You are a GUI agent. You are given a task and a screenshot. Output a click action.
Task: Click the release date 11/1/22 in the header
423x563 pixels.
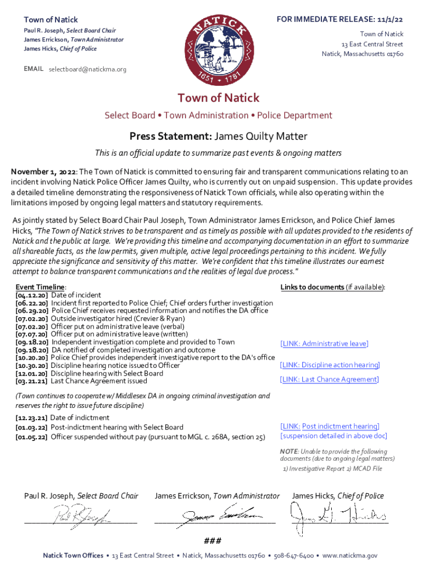pyautogui.click(x=393, y=19)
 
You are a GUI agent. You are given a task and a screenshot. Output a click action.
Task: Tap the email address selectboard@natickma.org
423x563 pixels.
pyautogui.click(x=88, y=69)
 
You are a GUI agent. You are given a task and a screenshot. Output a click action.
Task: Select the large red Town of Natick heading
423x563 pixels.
pyautogui.click(x=218, y=98)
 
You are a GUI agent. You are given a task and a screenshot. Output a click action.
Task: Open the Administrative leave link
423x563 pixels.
pyautogui.click(x=324, y=344)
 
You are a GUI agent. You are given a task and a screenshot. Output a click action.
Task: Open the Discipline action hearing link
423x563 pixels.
pyautogui.click(x=330, y=365)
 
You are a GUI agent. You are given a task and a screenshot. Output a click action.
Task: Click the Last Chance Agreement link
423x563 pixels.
pyautogui.click(x=329, y=379)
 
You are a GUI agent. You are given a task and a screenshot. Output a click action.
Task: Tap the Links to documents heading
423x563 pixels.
pyautogui.click(x=312, y=287)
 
